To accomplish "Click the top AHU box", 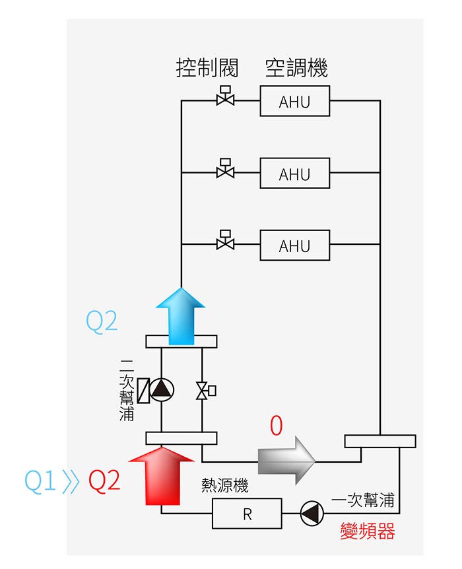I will click(294, 102).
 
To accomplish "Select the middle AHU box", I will click(294, 174).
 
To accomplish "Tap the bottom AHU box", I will click(294, 246).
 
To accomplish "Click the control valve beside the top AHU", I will click(225, 98).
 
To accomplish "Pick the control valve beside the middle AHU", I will click(225, 170).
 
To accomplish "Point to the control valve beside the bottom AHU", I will click(225, 241).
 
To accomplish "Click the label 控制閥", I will click(207, 67).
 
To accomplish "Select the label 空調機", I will click(296, 67).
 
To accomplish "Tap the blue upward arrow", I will click(180, 316).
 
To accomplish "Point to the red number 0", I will click(276, 426).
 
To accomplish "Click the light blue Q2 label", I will click(102, 321).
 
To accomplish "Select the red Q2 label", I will click(104, 481).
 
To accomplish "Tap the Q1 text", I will click(41, 481).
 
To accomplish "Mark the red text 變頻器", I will click(367, 531).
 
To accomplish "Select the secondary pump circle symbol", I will click(162, 390).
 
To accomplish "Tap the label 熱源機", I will click(224, 486).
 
